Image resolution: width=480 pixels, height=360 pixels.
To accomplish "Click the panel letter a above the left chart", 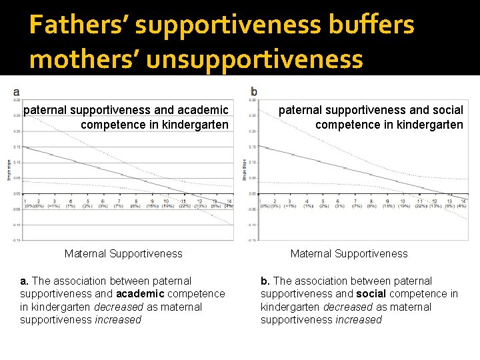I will (x=15, y=91).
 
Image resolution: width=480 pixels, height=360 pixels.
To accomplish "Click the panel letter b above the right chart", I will (x=254, y=91).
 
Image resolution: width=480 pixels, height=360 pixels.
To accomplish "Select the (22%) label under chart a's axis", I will (x=185, y=206).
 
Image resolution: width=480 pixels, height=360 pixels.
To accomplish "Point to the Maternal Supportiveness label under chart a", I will (x=123, y=253).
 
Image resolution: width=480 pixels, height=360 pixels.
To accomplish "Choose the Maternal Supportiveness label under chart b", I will (x=349, y=253).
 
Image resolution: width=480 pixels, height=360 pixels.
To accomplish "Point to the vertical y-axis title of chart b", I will (x=245, y=169).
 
